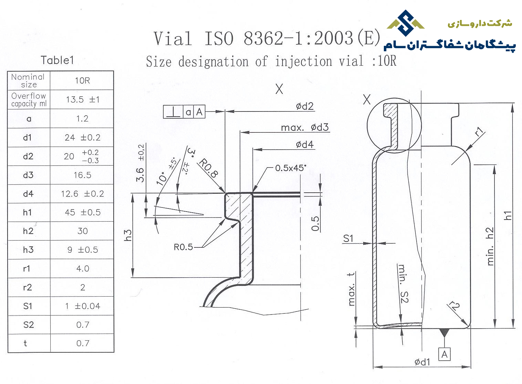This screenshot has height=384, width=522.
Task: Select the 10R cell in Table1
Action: pos(82,81)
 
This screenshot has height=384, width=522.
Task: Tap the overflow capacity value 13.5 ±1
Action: pos(83,99)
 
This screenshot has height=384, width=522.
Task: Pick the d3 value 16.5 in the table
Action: pos(82,175)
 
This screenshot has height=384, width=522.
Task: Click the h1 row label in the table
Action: pos(27,212)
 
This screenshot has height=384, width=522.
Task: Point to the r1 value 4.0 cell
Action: pos(82,269)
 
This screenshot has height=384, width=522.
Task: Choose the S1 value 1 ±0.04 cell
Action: pos(82,306)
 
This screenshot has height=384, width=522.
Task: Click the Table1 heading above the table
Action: pos(57,60)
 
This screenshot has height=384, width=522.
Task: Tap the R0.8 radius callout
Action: pos(208,168)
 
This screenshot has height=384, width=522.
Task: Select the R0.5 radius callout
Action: pos(183,247)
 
